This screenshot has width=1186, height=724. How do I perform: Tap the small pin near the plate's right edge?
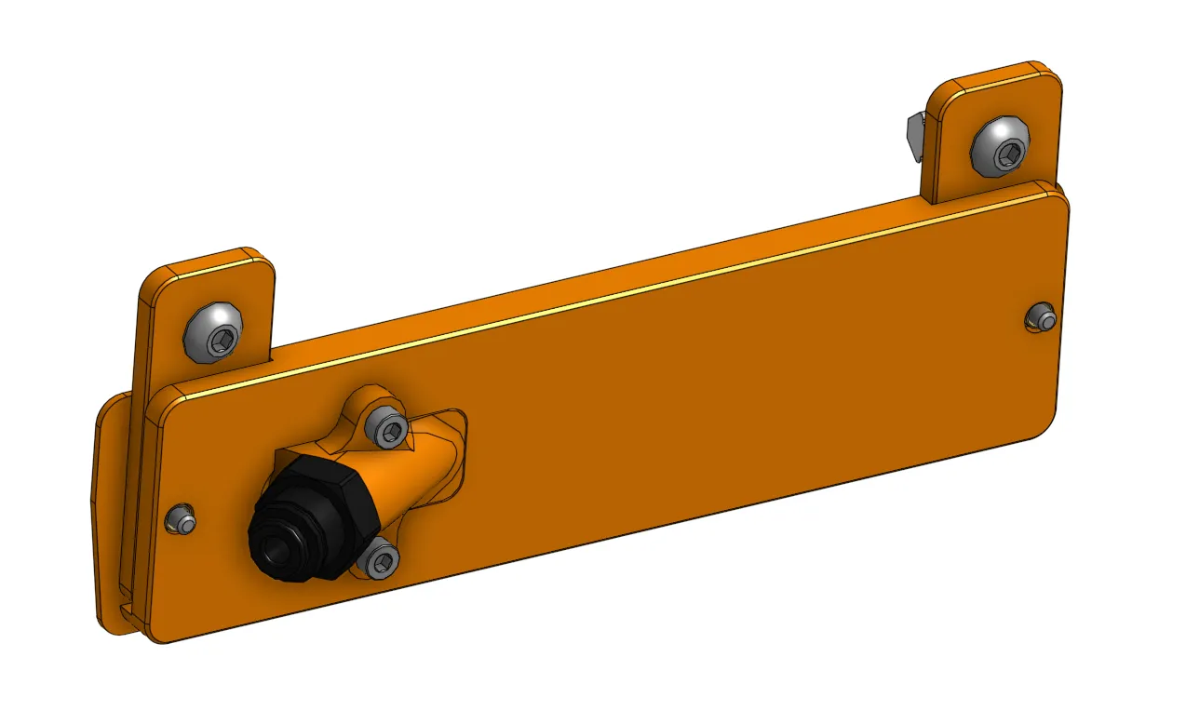[x=1043, y=319]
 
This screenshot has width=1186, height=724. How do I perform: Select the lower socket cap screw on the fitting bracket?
[x=381, y=559]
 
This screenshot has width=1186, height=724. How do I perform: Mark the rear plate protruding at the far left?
[x=110, y=521]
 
